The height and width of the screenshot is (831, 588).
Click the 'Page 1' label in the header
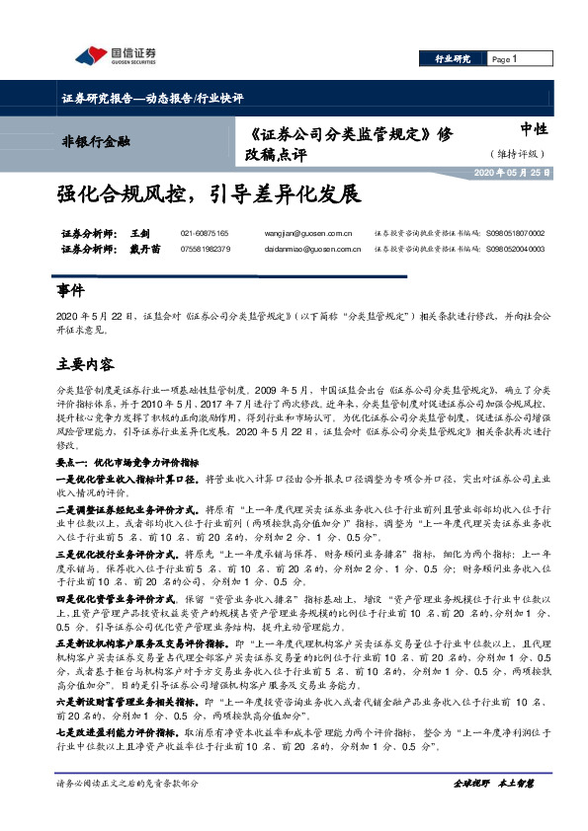tap(505, 60)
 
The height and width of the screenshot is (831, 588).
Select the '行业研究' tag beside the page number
tap(453, 60)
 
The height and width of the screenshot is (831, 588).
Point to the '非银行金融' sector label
tap(96, 142)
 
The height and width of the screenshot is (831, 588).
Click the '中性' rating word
tap(534, 129)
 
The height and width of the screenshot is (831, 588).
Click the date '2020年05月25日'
tap(512, 173)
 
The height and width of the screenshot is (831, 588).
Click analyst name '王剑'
tap(138, 233)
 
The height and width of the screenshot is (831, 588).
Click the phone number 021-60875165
tap(205, 233)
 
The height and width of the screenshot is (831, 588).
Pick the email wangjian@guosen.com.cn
tap(309, 233)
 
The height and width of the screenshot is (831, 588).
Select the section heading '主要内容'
tap(85, 364)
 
